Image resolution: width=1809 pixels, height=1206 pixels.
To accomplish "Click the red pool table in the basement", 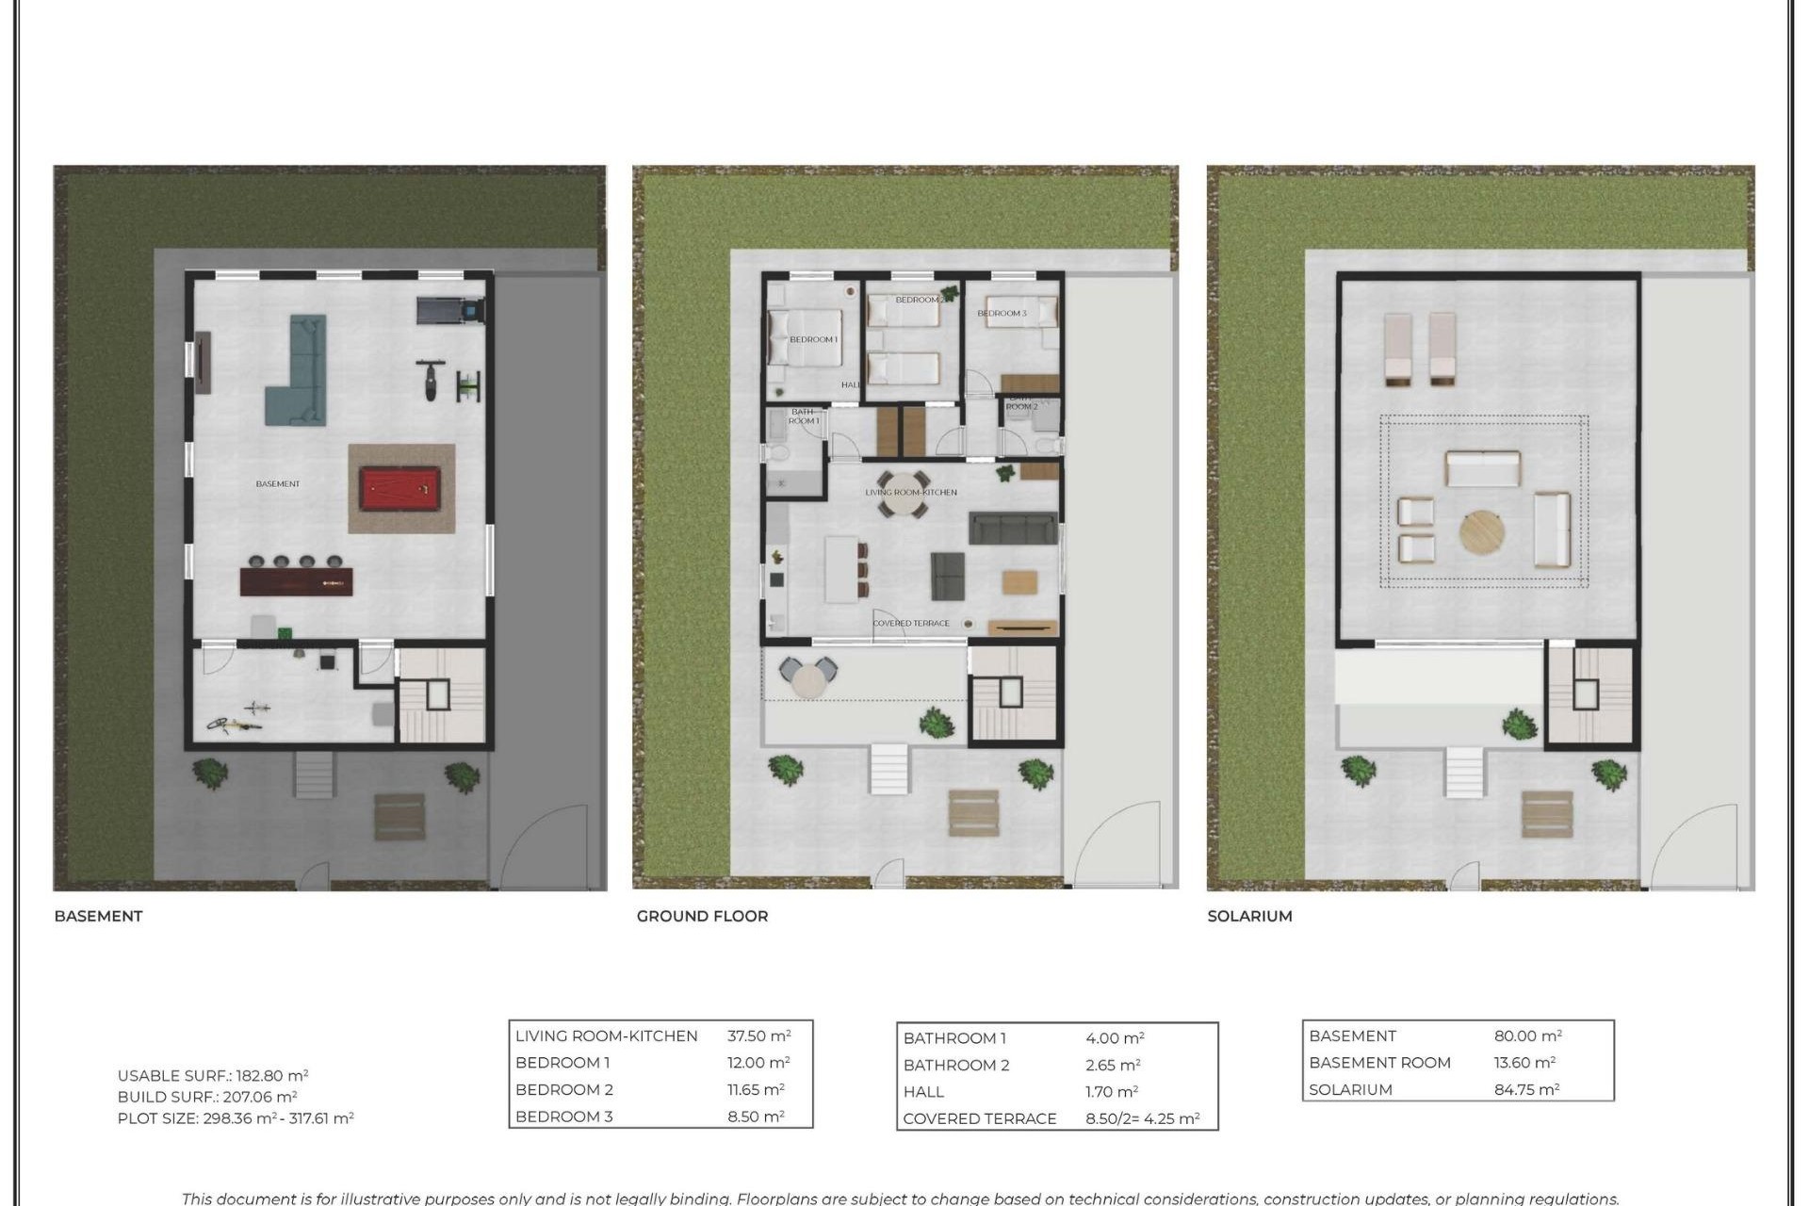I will tap(399, 489).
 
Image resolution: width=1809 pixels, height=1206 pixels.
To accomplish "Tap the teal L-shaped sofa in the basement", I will tap(300, 377).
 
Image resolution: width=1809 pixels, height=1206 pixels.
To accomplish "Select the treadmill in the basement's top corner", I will tap(450, 309).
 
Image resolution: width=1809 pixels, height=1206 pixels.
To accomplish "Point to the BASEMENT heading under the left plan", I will tap(98, 916).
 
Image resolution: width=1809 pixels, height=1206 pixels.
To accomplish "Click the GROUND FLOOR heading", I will tap(702, 916).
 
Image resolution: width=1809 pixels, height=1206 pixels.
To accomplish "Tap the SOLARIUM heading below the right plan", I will tap(1249, 916).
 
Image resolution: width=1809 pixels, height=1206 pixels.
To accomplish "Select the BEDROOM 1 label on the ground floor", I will tap(813, 339).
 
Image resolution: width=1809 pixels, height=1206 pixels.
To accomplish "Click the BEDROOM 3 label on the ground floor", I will tap(1002, 313).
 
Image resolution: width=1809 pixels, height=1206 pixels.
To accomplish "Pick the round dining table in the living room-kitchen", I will tap(903, 494).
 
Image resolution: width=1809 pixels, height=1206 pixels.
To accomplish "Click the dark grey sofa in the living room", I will tap(1013, 529).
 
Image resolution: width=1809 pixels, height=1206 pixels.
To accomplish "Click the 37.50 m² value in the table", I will tap(758, 1035).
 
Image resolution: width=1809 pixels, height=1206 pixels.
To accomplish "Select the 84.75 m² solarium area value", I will tap(1526, 1089).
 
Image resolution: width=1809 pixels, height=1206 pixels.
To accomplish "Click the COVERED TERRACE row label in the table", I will tap(979, 1119).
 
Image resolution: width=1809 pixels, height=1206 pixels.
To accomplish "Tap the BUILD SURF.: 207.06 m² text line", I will tap(207, 1097).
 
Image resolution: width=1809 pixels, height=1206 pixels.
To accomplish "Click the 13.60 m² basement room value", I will tap(1524, 1063).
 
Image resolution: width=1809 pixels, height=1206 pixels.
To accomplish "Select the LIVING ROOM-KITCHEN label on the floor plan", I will tap(911, 492).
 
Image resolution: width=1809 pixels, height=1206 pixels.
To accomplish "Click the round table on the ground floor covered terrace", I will tap(807, 679).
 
